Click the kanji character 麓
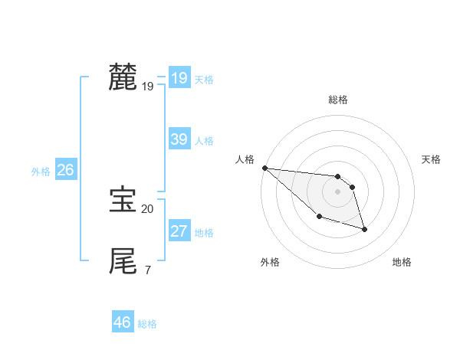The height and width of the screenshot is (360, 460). (x=123, y=77)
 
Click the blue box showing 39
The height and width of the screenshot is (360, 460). (x=179, y=139)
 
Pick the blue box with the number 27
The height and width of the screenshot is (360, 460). (x=179, y=231)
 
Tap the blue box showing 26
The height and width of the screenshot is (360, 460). (x=65, y=170)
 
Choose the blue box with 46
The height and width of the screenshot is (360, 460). (x=122, y=322)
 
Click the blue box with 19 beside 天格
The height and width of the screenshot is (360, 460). (x=179, y=78)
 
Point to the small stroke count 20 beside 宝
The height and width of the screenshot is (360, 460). (x=147, y=208)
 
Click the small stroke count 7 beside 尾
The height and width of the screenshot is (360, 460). (x=147, y=270)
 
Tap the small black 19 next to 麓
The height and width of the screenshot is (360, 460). (x=147, y=87)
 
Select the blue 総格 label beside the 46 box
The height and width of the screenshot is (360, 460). (x=147, y=324)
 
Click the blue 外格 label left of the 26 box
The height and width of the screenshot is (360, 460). (x=41, y=172)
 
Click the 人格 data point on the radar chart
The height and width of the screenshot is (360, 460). (x=264, y=168)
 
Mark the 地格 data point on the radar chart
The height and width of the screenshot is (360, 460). (x=364, y=229)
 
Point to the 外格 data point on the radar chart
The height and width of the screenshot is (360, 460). (x=319, y=217)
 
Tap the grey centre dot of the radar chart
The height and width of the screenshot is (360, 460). (x=337, y=191)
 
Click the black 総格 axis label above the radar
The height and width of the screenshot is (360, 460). (x=338, y=100)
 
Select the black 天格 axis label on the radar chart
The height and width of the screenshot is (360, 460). (x=431, y=159)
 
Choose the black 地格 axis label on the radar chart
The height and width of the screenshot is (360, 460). (x=402, y=262)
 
